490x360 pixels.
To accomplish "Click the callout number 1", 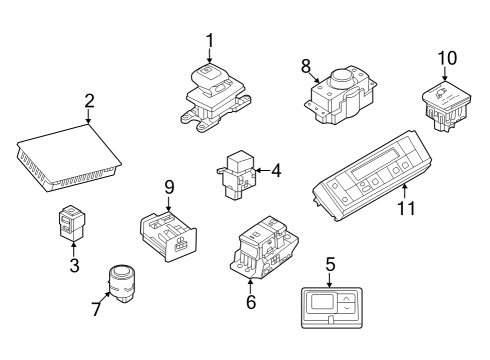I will click(210, 40).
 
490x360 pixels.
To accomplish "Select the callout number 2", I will click(89, 101).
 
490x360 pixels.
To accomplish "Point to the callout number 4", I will click(276, 171).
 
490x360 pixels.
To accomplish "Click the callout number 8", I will click(306, 66).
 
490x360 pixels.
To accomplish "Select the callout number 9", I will click(169, 186).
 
